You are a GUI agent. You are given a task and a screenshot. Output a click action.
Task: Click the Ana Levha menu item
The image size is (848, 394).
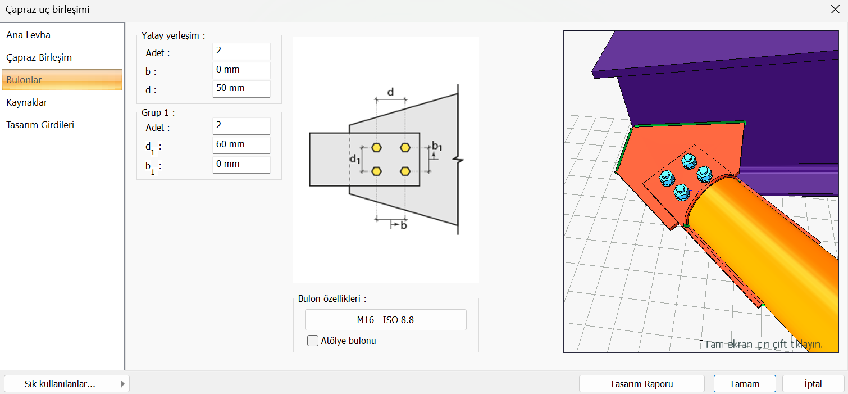tap(29, 35)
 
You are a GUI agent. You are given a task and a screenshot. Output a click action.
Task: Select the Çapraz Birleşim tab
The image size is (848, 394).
tap(39, 57)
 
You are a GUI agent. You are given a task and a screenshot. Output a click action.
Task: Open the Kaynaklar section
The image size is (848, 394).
tap(26, 102)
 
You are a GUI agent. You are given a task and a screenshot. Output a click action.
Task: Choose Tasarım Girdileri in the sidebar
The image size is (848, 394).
tap(40, 125)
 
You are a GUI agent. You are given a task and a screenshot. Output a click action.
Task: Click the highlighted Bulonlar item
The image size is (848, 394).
tap(62, 80)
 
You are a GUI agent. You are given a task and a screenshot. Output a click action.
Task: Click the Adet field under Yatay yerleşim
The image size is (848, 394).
tap(241, 51)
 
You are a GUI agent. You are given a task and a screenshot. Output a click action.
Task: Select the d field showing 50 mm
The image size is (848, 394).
tap(241, 88)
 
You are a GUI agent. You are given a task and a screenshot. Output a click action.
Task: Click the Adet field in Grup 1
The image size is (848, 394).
tap(241, 125)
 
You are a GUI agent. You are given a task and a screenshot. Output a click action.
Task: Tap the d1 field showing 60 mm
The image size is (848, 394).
tap(241, 144)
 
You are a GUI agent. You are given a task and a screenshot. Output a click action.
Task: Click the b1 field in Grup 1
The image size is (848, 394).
tap(241, 164)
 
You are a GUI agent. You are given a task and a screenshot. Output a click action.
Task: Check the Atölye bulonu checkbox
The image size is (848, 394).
tap(313, 341)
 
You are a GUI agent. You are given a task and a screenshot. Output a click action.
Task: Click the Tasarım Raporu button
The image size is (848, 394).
tap(641, 384)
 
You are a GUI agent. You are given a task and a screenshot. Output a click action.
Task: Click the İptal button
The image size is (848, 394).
tap(813, 384)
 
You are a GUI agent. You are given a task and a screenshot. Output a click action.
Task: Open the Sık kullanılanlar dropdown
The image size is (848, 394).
tap(67, 384)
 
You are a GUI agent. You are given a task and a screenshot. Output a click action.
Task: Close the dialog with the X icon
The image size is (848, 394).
tap(835, 10)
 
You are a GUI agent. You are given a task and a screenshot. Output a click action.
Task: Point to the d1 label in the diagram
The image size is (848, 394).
tap(355, 159)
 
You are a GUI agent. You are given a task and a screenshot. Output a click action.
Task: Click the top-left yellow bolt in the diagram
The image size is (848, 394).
tap(376, 147)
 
